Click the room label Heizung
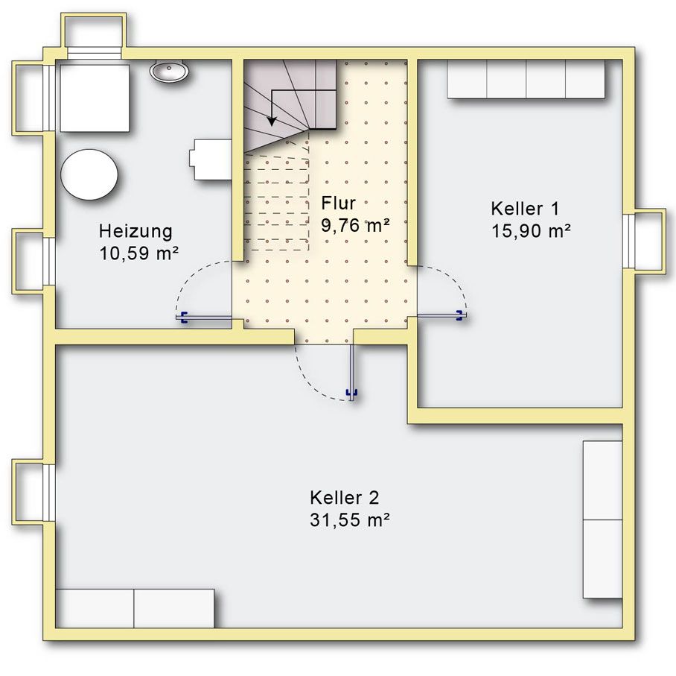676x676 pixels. [135, 232]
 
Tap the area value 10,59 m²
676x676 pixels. [138, 253]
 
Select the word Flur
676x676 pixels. [339, 203]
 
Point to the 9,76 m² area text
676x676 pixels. [355, 225]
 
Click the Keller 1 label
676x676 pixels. [525, 209]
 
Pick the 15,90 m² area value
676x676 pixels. [531, 231]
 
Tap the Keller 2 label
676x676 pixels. [345, 498]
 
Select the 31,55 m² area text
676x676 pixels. [350, 519]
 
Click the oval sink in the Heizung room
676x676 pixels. [169, 71]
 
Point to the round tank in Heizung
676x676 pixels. [89, 174]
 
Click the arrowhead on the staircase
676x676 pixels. [272, 121]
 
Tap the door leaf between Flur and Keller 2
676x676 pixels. [352, 372]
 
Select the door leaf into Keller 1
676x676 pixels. [440, 316]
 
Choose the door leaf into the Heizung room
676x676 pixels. [204, 318]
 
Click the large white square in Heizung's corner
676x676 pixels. [95, 98]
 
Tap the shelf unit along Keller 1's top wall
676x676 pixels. [526, 79]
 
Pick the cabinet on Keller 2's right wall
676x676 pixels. [603, 519]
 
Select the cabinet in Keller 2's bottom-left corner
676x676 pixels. [135, 608]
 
